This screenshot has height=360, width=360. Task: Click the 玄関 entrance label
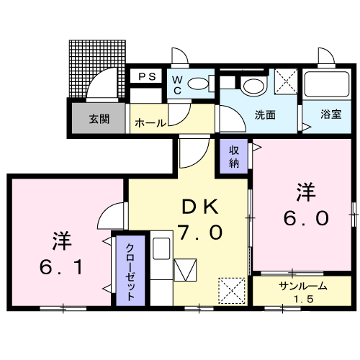(x=99, y=120)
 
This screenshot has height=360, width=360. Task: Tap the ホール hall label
(x=149, y=123)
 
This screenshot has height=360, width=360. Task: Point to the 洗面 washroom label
(x=265, y=114)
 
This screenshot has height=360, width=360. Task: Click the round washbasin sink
(x=252, y=86)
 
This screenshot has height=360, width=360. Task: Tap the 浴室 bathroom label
(x=330, y=113)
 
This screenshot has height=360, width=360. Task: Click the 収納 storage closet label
(x=234, y=156)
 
